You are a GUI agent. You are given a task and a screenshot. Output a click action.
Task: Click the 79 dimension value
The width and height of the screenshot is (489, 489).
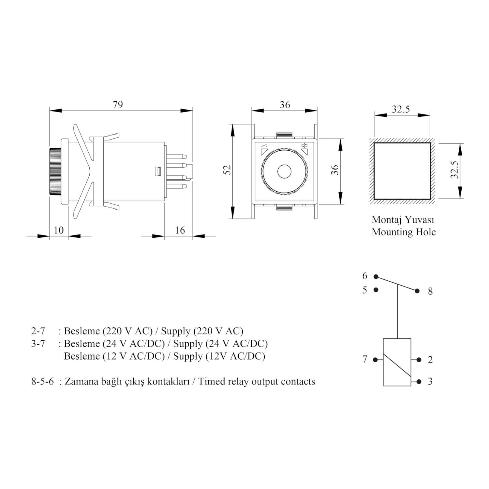118,105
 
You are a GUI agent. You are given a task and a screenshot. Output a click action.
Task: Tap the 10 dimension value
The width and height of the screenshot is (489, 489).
58,230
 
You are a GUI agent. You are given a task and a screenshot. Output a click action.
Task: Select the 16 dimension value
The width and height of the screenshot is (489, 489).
180,230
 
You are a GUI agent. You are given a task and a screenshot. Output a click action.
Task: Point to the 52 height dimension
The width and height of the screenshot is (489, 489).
227,170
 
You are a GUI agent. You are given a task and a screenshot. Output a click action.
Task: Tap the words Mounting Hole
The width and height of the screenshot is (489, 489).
404,232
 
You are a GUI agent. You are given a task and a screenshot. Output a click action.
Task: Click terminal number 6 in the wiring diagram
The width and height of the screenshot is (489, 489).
365,276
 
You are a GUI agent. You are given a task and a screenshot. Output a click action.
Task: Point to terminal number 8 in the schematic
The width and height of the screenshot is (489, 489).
430,291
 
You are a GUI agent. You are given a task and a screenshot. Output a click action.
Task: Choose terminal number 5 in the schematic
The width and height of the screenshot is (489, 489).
365,290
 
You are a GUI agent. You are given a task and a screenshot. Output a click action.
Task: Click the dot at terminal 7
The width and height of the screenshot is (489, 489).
376,360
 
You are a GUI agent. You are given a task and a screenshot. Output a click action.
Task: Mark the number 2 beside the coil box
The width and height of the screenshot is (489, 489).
430,360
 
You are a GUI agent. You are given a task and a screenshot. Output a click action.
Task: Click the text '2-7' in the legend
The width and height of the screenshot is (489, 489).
38,331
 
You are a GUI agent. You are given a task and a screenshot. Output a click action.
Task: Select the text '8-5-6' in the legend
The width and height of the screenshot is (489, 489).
42,381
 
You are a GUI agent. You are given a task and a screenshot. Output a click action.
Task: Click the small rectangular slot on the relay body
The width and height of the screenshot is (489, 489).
158,171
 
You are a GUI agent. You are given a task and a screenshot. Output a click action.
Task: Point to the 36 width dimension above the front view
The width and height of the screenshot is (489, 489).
285,105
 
